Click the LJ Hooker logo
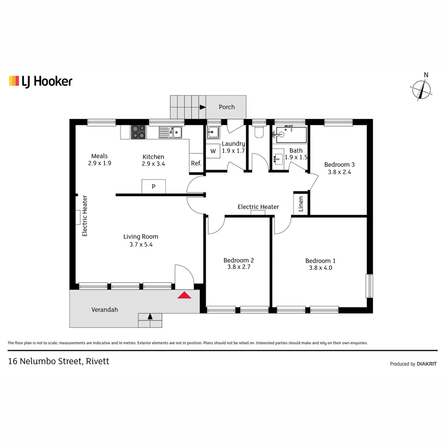(x=40, y=81)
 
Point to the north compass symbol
(x=421, y=89)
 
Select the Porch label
(x=226, y=107)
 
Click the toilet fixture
(x=259, y=131)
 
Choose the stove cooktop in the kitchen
(x=138, y=132)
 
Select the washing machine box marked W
(x=213, y=151)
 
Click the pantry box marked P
(x=153, y=186)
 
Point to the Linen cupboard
(x=301, y=204)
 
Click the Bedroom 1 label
(x=320, y=261)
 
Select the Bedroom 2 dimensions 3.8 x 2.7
(x=239, y=267)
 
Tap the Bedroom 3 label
(x=339, y=165)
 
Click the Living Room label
(x=141, y=237)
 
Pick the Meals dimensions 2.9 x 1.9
(x=99, y=163)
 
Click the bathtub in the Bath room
(x=292, y=134)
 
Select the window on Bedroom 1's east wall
(x=369, y=286)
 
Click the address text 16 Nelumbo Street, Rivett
(x=59, y=361)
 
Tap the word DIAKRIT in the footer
(x=426, y=364)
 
